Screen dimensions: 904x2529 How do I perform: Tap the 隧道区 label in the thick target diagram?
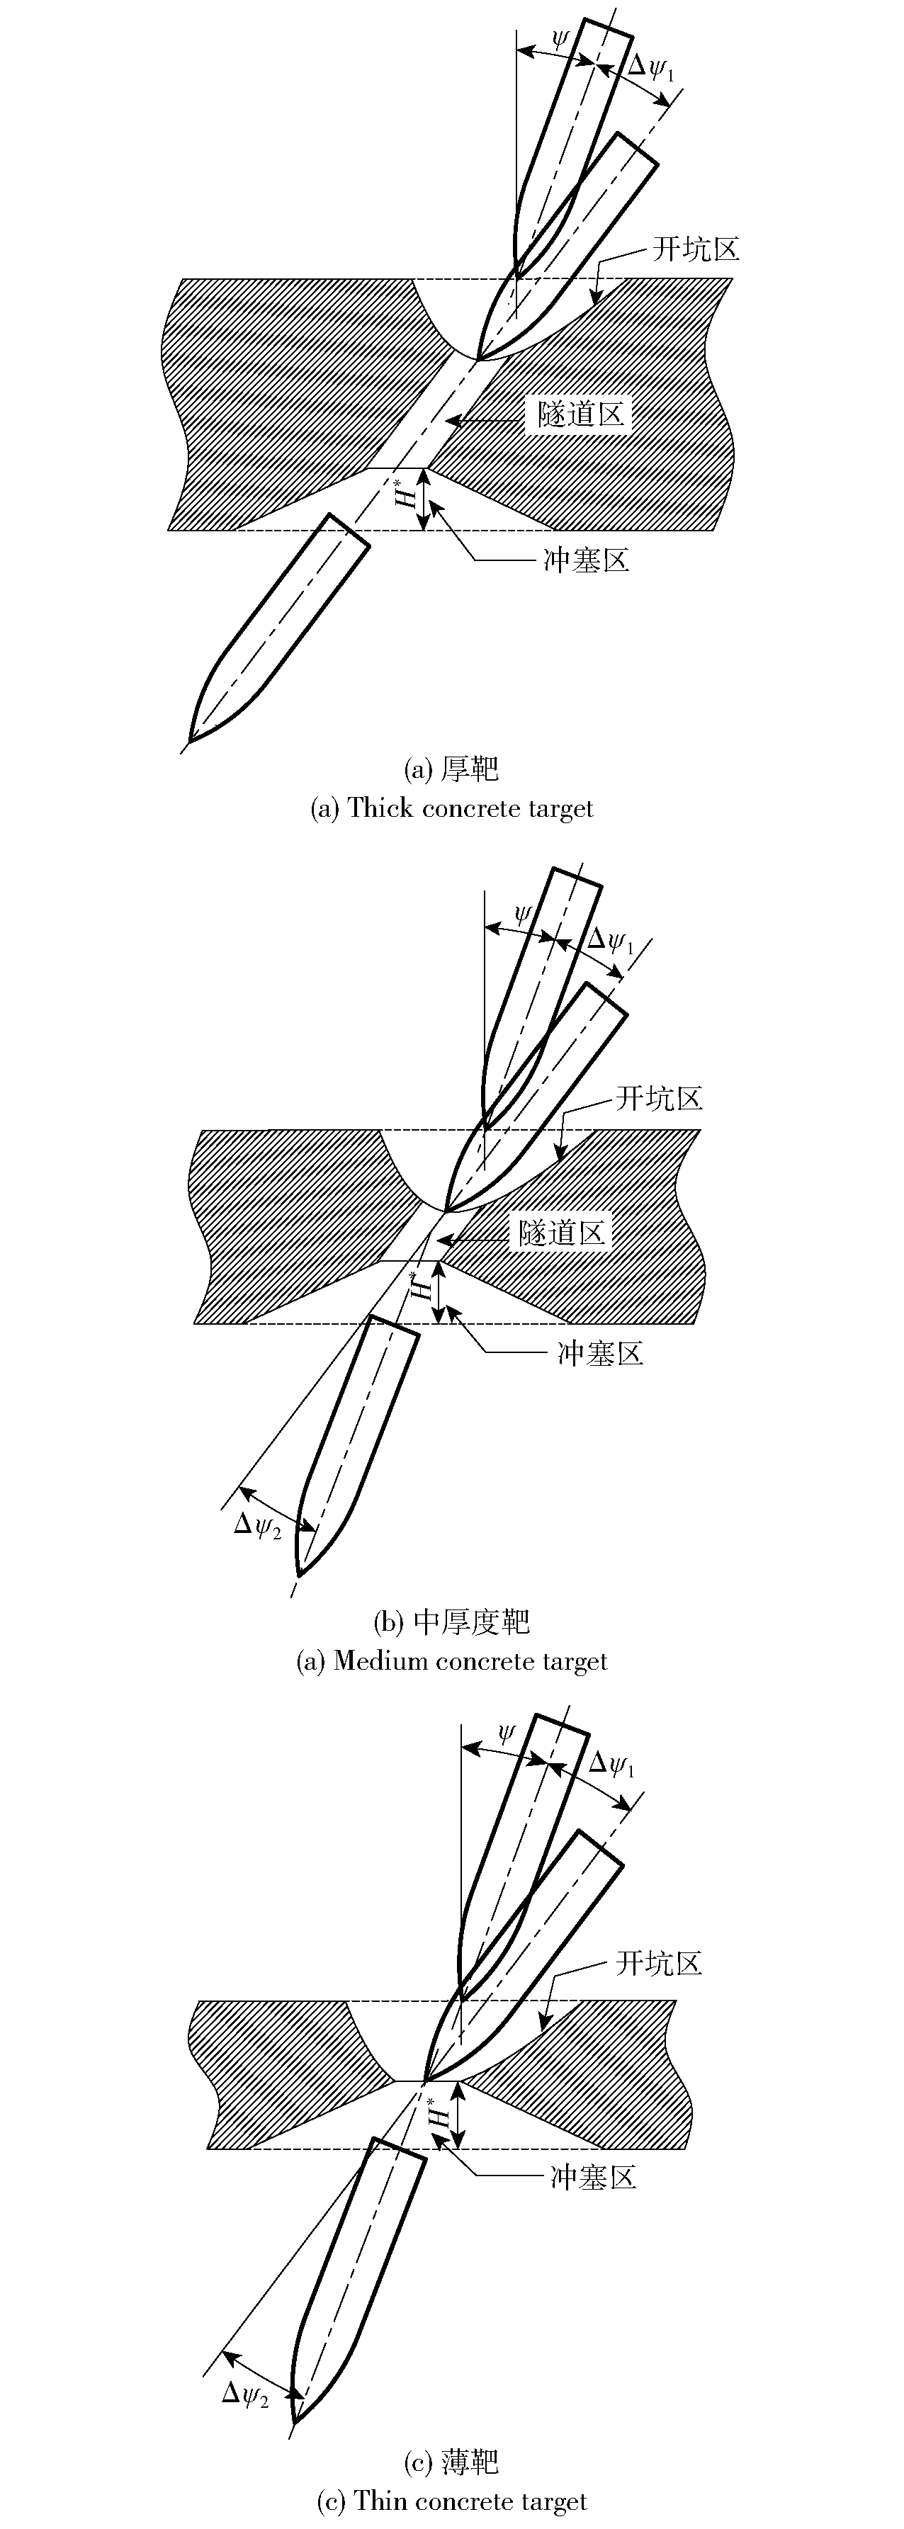pyautogui.click(x=581, y=413)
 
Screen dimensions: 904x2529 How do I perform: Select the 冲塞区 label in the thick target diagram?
pyautogui.click(x=586, y=560)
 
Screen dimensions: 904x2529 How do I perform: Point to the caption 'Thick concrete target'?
pyautogui.click(x=471, y=808)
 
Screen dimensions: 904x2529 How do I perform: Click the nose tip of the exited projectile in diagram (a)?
pyautogui.click(x=189, y=740)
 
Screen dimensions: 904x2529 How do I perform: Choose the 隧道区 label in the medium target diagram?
pyautogui.click(x=563, y=1232)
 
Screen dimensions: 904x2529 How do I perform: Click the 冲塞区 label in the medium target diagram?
pyautogui.click(x=601, y=1353)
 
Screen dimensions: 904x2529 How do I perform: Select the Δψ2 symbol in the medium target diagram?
pyautogui.click(x=258, y=1527)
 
